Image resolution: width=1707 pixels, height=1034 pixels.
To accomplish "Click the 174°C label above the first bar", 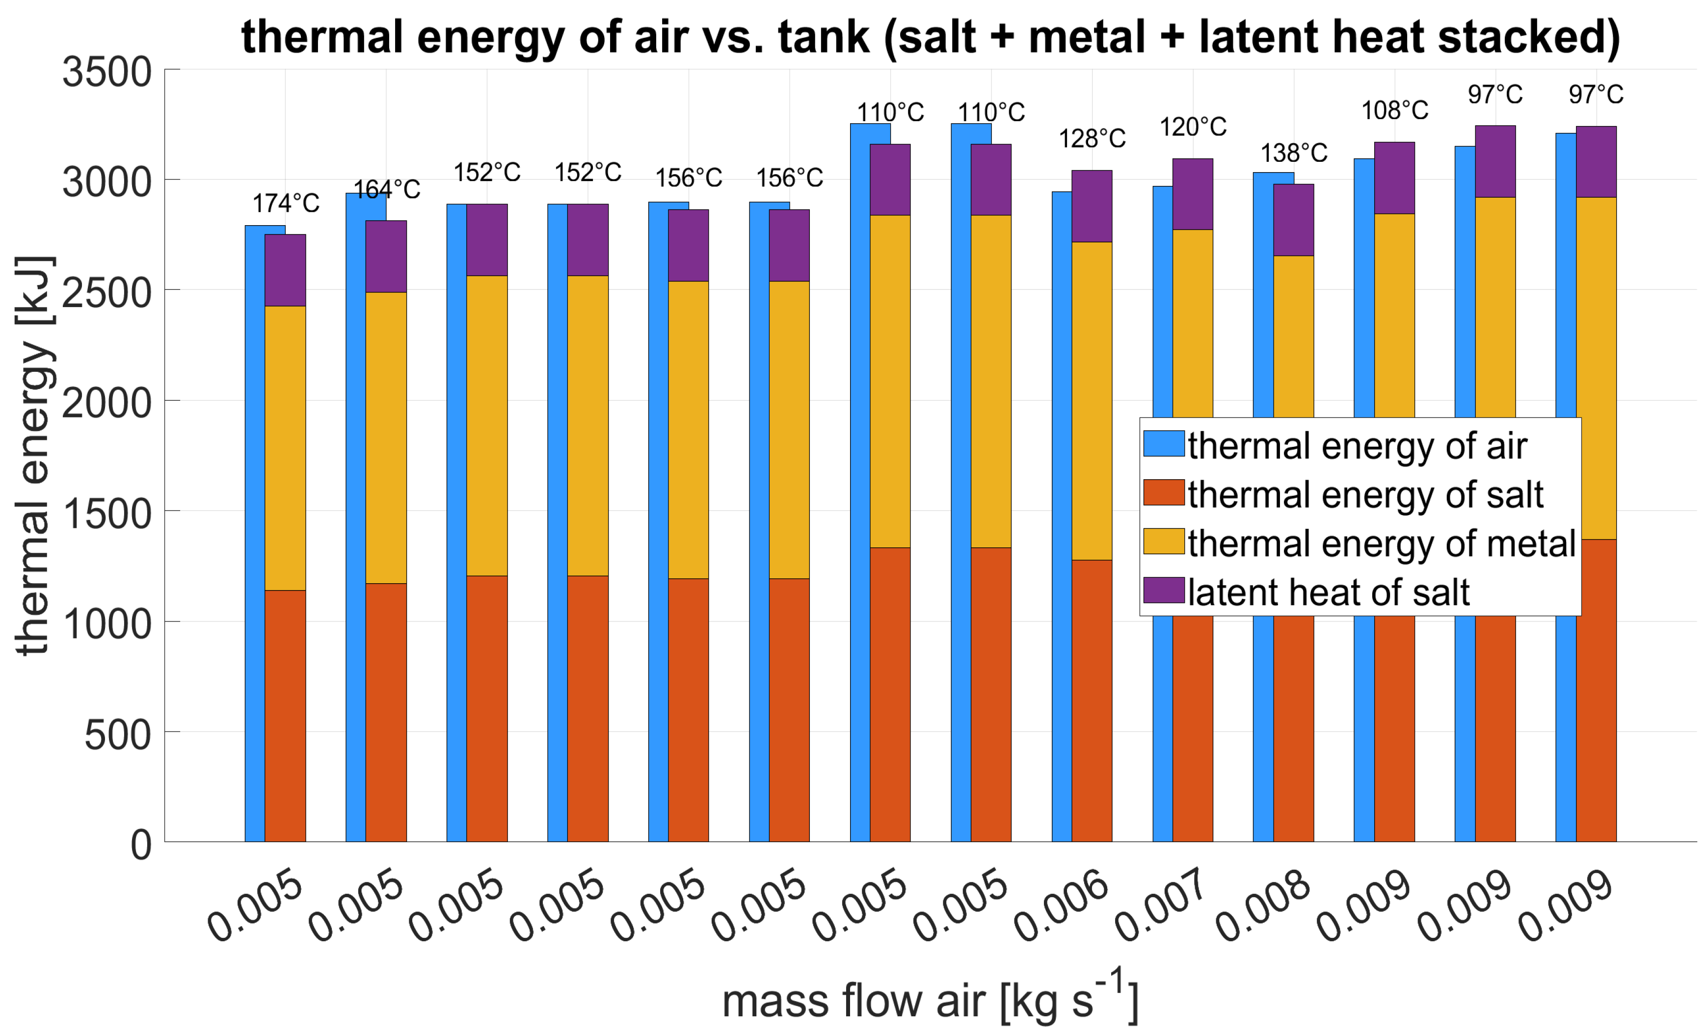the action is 286,204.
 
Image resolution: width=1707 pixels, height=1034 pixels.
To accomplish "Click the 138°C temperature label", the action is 1293,153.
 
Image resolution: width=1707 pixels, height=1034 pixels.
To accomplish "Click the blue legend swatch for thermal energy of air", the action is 1164,443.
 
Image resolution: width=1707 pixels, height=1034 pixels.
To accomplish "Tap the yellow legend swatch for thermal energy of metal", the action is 1164,542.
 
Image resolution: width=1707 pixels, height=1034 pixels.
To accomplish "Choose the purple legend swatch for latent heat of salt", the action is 1164,590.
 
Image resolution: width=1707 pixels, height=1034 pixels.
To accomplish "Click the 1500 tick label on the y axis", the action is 107,513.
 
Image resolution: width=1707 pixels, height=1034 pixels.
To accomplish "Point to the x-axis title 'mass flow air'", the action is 853,1002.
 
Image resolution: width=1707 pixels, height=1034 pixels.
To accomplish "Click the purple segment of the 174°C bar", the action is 286,271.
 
